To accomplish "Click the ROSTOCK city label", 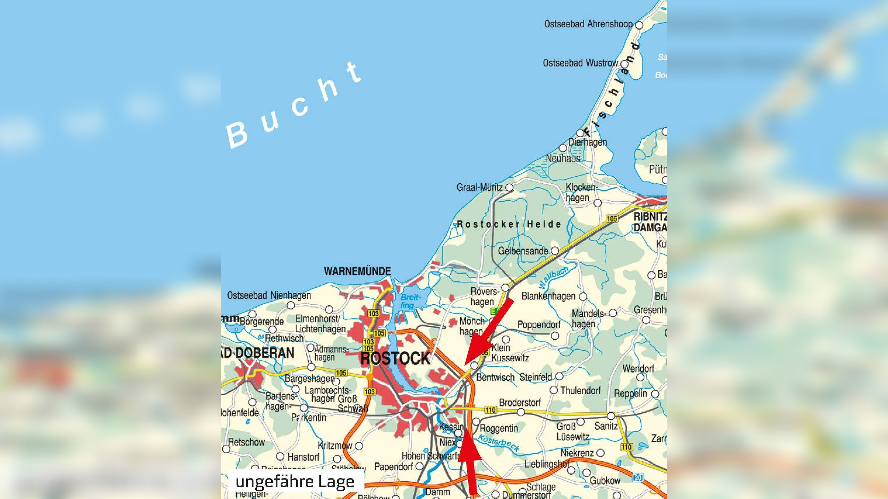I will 395,358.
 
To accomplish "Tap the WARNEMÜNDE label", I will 357,271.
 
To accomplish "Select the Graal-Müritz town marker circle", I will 509,187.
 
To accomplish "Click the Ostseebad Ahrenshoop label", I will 588,24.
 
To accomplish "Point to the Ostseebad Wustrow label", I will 580,63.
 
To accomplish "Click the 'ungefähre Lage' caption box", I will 295,481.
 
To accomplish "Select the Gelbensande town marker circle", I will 555,251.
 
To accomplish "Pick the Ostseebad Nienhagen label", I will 269,296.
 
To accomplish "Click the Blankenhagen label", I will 548,296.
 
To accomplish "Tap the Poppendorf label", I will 539,325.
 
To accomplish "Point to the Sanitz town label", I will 606,426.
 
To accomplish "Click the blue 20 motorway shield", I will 638,478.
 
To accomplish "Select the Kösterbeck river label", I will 499,443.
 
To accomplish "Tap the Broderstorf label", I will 520,403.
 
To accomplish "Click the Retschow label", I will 246,442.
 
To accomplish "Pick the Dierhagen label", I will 588,142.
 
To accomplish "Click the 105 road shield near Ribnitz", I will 612,219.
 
